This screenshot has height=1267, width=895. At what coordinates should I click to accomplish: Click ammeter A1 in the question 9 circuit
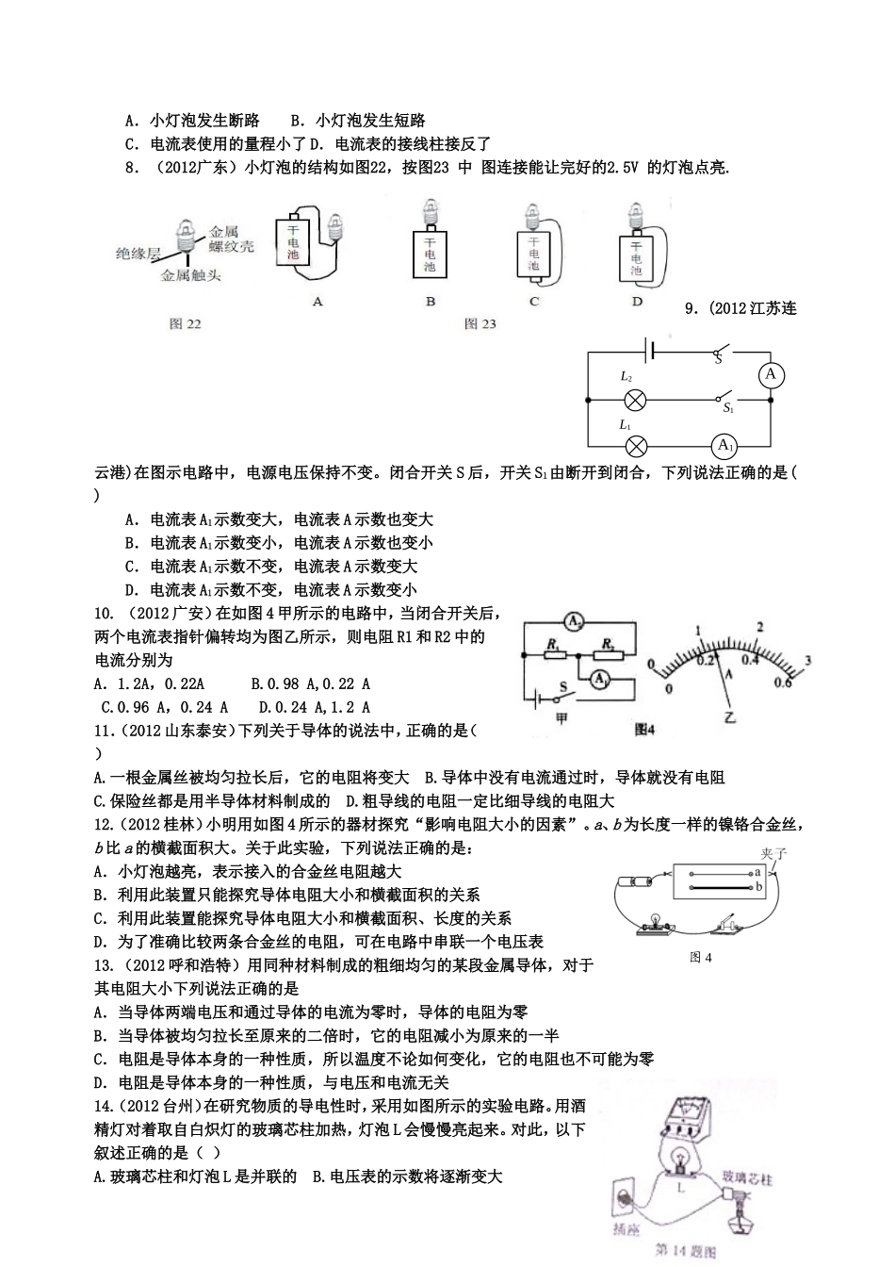coord(724,446)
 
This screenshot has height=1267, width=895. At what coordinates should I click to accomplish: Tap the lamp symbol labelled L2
coord(636,400)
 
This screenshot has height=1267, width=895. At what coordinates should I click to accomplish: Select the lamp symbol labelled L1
coord(636,447)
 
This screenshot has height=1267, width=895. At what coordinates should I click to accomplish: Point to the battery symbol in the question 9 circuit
coord(648,352)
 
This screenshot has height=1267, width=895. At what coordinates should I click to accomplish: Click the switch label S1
coord(727,408)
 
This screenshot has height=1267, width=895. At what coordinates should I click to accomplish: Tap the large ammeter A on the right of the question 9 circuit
coord(771,375)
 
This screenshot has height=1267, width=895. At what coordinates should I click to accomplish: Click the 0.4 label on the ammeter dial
coord(750,660)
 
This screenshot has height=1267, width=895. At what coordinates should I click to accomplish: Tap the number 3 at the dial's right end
coord(807,659)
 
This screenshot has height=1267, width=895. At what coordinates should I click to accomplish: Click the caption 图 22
coord(185,323)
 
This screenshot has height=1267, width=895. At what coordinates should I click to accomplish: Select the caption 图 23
coord(480,323)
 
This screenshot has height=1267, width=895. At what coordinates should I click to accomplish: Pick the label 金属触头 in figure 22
coord(190,276)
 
